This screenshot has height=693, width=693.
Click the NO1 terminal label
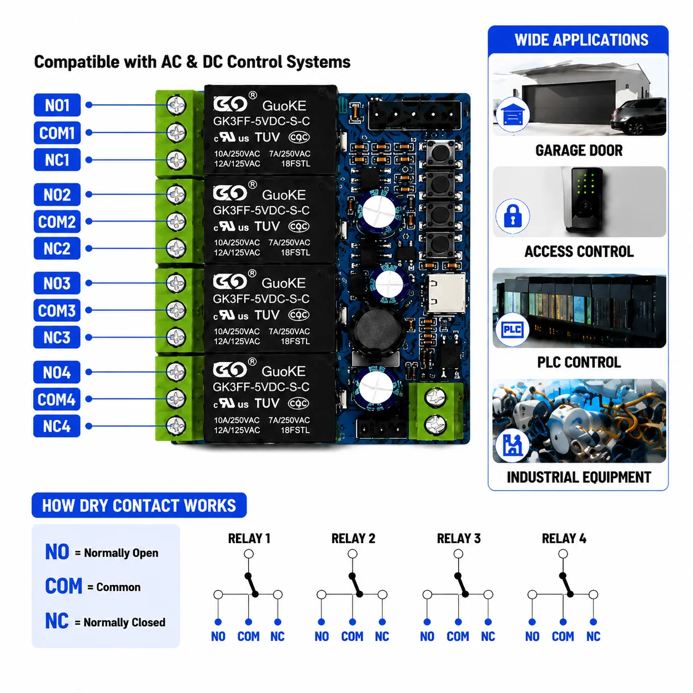point(57,105)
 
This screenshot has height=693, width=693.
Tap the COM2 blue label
point(57,222)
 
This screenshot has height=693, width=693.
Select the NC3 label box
point(57,337)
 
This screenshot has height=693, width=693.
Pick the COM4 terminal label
point(57,399)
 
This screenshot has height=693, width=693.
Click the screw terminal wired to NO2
point(176,195)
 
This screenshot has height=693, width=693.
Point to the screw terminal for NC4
point(176,426)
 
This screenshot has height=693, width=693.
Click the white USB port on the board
point(446,293)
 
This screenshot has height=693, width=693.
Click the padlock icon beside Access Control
point(512,216)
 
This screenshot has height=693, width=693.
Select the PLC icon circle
point(512,329)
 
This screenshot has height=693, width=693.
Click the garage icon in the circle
point(512,114)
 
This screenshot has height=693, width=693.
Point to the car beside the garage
point(638,117)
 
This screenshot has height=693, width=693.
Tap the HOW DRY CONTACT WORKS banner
point(139,505)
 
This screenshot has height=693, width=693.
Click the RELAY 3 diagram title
point(459,538)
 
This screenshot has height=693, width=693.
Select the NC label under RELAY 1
point(277,636)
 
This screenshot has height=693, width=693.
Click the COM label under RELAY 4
point(563,636)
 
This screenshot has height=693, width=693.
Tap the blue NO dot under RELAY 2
point(322,622)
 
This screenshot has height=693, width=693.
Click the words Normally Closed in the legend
point(124,622)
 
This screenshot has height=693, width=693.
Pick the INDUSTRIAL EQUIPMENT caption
point(579,477)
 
